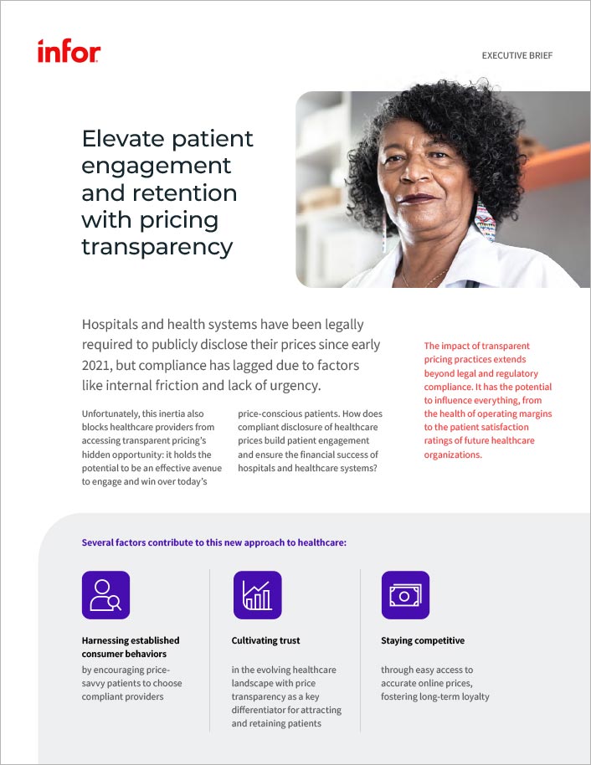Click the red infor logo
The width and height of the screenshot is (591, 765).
(69, 51)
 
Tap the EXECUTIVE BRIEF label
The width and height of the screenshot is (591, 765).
(517, 55)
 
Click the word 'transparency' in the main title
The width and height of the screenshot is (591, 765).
(157, 248)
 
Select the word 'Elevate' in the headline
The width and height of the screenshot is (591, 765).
(123, 139)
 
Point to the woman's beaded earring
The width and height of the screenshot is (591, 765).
(486, 219)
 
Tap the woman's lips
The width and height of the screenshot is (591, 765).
(416, 199)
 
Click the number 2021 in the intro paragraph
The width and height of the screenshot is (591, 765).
(96, 366)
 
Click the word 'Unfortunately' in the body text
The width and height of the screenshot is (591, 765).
(110, 413)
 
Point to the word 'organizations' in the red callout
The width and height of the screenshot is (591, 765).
(452, 454)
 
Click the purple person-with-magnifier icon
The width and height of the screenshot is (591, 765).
(106, 595)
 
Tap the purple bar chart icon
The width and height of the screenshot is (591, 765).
(258, 595)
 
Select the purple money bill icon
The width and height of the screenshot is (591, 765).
(405, 595)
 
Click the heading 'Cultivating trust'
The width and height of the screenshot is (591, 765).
(265, 640)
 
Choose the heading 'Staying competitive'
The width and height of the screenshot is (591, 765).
(423, 640)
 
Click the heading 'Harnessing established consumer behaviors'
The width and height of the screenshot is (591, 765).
(131, 647)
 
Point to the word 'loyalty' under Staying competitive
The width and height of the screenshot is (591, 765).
(475, 696)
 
